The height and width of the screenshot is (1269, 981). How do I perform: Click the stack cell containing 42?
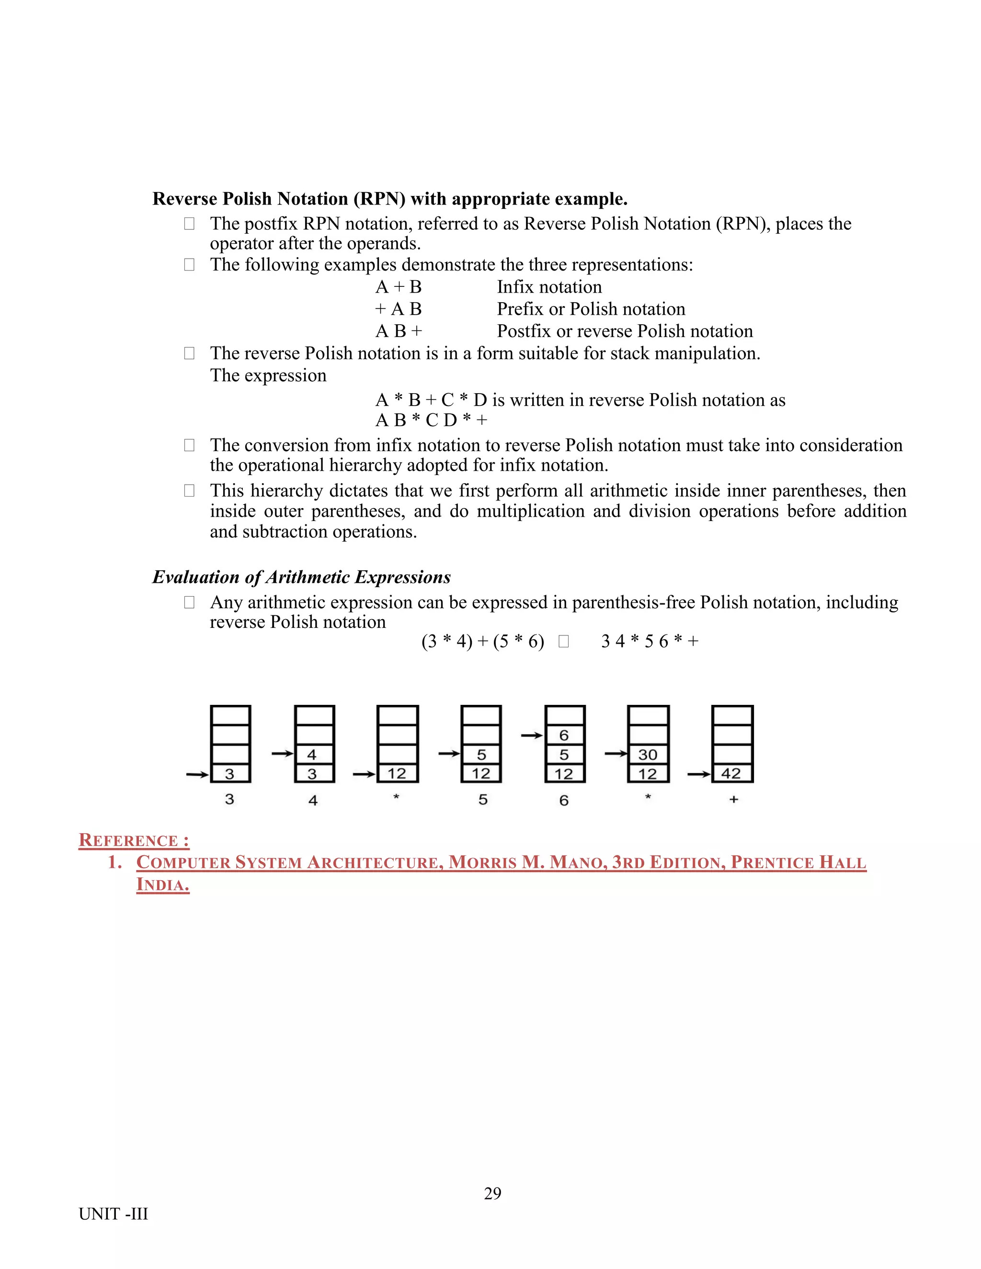click(x=732, y=773)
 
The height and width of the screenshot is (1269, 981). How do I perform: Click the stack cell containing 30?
click(x=648, y=754)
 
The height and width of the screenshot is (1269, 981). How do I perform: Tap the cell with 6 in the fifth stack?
click(x=564, y=735)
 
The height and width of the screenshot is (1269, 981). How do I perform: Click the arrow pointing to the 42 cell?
click(x=698, y=774)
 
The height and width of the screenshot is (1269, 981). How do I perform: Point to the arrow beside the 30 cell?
click(x=616, y=754)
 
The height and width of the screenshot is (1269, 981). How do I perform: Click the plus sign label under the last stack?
click(x=733, y=800)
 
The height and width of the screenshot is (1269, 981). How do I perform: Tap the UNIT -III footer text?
click(x=114, y=1214)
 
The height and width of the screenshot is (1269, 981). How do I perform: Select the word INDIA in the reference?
click(x=162, y=885)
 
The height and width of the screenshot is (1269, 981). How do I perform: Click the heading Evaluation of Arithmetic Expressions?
click(x=301, y=577)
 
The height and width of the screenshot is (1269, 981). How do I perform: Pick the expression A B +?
click(x=399, y=331)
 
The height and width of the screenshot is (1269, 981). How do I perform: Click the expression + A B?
click(x=399, y=309)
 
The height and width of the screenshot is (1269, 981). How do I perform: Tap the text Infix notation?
click(x=549, y=287)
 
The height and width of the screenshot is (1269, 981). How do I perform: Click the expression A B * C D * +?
click(x=431, y=419)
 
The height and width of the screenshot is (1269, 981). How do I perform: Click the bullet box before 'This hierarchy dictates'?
click(x=189, y=490)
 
